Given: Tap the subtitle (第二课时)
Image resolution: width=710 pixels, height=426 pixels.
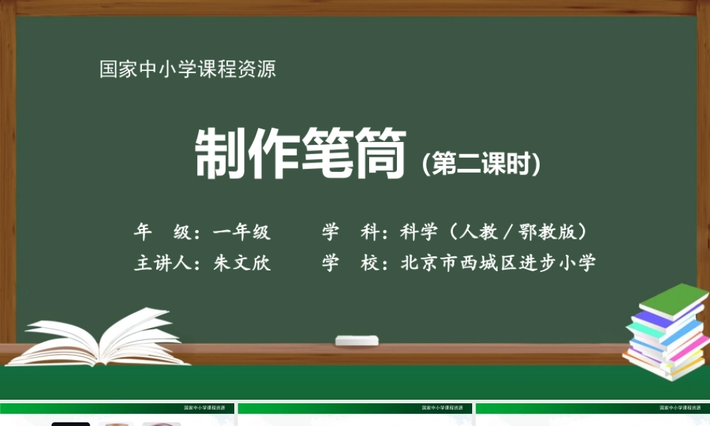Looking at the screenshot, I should point(481,165).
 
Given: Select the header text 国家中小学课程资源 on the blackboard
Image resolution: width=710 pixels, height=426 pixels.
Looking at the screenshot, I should point(187,70).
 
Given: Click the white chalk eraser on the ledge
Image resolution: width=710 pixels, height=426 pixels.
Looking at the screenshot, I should point(356,340).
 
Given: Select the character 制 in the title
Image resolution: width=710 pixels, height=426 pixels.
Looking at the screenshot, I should point(220,154).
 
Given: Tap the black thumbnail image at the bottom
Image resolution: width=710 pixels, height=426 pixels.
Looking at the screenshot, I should point(70,424).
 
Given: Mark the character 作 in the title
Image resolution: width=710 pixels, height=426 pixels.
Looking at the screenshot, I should point(273,154).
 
